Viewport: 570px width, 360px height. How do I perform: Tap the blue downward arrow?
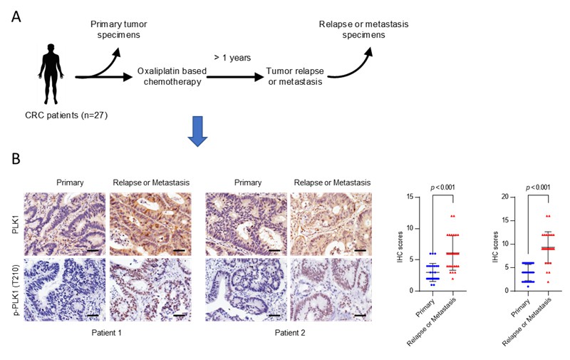[x=197, y=131]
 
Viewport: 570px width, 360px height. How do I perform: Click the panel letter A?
[x=16, y=16]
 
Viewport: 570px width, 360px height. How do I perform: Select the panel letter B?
[x=16, y=158]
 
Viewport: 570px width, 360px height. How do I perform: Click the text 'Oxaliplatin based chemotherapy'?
[x=172, y=76]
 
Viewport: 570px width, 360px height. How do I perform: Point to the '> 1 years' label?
[x=232, y=58]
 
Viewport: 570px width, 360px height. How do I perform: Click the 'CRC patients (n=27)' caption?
[x=66, y=115]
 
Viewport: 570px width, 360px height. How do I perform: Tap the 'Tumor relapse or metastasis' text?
[x=295, y=76]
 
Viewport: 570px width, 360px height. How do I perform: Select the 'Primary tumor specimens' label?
[x=118, y=29]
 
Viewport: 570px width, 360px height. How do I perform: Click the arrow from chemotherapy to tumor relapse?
[x=235, y=77]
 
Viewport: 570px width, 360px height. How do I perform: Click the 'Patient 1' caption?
[x=106, y=333]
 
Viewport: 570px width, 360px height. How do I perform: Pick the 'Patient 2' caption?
[x=290, y=333]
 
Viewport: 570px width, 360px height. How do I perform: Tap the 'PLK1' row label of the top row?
[x=16, y=224]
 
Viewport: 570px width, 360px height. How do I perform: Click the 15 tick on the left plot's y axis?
[x=410, y=197]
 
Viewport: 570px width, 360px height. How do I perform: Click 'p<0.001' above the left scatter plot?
[x=442, y=187]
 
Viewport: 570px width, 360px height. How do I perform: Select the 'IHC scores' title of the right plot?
[x=495, y=247]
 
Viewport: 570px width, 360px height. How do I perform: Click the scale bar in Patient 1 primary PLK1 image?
[x=93, y=250]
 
